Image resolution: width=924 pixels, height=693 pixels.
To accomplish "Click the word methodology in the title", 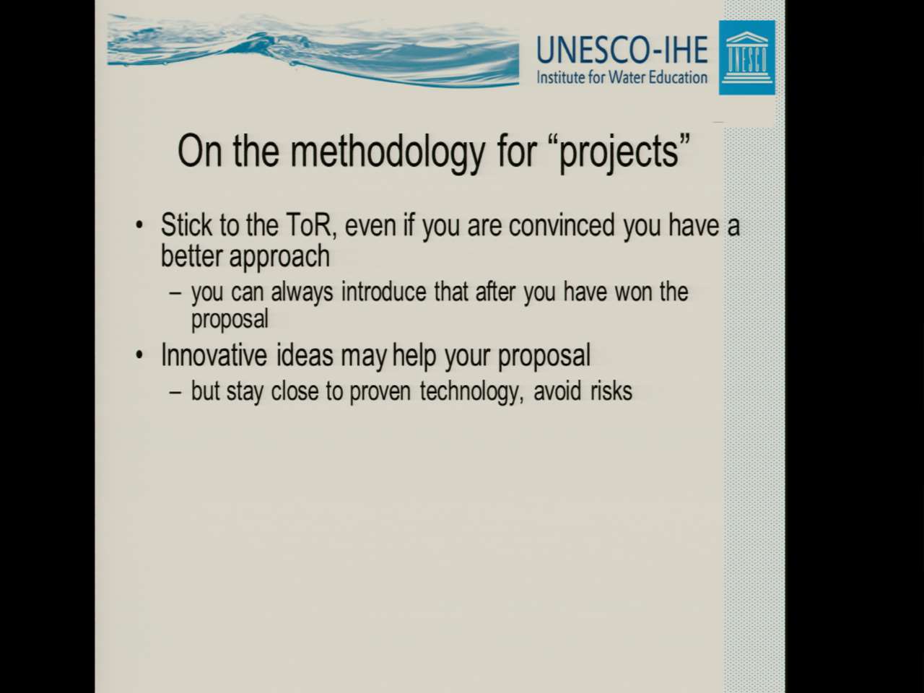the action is pyautogui.click(x=387, y=152).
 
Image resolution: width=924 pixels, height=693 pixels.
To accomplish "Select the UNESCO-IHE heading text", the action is pyautogui.click(x=622, y=50).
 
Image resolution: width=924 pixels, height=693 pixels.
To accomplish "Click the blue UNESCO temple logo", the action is pyautogui.click(x=746, y=58).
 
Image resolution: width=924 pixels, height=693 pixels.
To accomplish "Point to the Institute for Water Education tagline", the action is pyautogui.click(x=622, y=77).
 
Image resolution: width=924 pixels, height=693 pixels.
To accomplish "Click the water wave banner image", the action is pyautogui.click(x=313, y=51).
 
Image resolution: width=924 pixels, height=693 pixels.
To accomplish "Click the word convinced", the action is pyautogui.click(x=562, y=225).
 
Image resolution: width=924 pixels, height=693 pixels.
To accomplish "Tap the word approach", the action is pyautogui.click(x=279, y=257).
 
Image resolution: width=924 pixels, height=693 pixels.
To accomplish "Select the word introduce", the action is pyautogui.click(x=383, y=292).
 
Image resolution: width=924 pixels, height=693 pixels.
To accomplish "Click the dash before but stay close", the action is pyautogui.click(x=175, y=392).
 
